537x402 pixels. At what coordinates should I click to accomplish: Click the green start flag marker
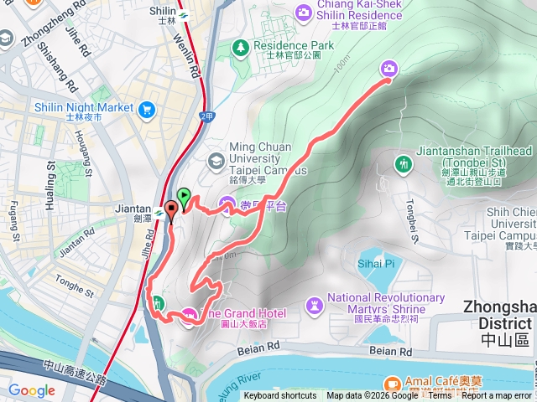click(x=185, y=197)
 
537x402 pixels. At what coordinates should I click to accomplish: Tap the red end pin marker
click(x=171, y=210)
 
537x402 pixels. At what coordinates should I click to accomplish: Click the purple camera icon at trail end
click(x=389, y=69)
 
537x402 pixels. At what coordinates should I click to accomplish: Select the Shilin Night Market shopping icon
click(x=148, y=108)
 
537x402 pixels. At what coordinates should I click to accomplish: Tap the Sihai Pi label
click(x=377, y=263)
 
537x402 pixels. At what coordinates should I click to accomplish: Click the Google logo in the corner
click(x=31, y=390)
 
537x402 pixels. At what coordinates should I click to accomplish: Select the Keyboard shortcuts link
click(x=280, y=396)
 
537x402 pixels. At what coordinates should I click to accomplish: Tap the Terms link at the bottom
click(x=440, y=396)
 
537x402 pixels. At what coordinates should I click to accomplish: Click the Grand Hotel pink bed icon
click(x=190, y=314)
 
